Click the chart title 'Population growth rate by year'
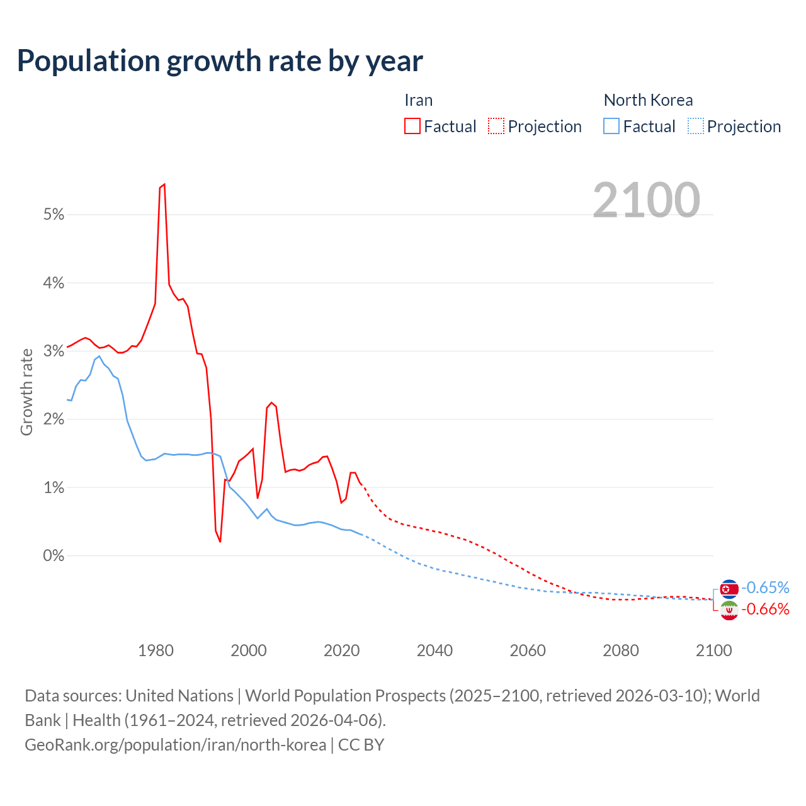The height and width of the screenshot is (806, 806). click(x=220, y=60)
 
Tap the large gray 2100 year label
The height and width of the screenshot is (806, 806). click(x=646, y=200)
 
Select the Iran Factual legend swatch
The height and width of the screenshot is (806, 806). click(x=412, y=126)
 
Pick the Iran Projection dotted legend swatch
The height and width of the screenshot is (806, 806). click(x=496, y=126)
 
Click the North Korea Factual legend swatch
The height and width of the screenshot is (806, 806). click(x=611, y=126)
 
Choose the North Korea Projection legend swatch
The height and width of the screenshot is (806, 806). click(x=696, y=126)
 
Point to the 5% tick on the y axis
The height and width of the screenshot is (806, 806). click(x=54, y=215)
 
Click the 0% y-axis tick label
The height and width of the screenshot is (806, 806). click(x=54, y=556)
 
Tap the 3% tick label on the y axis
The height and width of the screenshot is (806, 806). click(x=54, y=351)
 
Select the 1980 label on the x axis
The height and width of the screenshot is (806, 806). click(x=156, y=650)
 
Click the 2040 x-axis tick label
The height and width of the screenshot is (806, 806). click(x=434, y=650)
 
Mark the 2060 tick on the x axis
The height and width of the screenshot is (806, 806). click(x=528, y=650)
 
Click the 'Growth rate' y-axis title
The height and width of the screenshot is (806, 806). click(x=26, y=392)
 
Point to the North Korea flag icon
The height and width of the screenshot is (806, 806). click(x=729, y=589)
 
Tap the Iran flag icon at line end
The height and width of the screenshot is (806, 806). click(x=729, y=610)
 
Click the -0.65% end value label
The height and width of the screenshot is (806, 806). click(x=765, y=587)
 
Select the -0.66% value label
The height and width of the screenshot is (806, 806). click(x=765, y=609)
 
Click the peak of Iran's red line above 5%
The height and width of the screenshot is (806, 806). click(x=164, y=184)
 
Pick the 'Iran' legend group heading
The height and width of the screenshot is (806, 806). click(x=418, y=100)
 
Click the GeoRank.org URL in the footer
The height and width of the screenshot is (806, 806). click(x=175, y=744)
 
